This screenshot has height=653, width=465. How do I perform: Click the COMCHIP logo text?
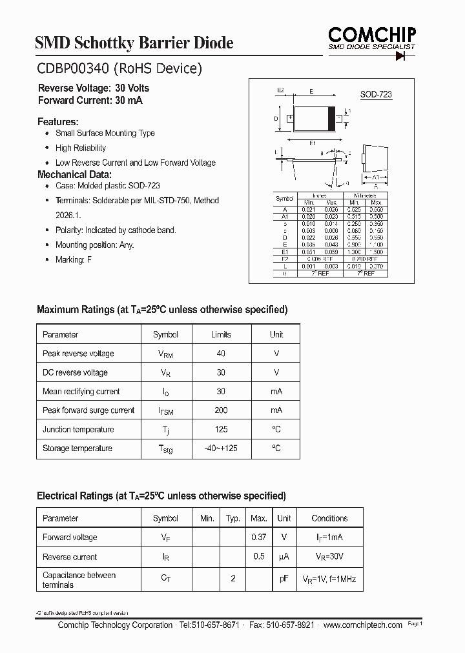(371, 34)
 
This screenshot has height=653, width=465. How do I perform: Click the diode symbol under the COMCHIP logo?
(405, 56)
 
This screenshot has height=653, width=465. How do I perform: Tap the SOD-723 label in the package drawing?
(376, 94)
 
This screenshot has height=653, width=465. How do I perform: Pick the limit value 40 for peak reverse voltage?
(221, 354)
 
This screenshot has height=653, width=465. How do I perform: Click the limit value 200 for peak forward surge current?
(221, 410)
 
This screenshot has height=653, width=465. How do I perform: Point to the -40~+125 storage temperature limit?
(221, 448)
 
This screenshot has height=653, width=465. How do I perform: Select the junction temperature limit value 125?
(221, 429)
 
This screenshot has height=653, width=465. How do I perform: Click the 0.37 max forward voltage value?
(258, 537)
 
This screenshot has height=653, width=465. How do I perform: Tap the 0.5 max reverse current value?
(258, 556)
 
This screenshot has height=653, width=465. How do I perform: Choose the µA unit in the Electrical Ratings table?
(284, 557)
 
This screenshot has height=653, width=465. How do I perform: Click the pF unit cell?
(284, 579)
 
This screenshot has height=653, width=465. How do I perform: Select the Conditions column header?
(329, 518)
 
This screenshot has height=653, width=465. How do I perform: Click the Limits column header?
(221, 334)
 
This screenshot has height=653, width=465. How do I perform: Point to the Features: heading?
(58, 121)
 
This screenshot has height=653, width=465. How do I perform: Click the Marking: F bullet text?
(70, 259)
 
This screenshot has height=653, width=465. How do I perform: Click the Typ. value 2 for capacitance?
(232, 579)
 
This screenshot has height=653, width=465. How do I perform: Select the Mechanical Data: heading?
(74, 174)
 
